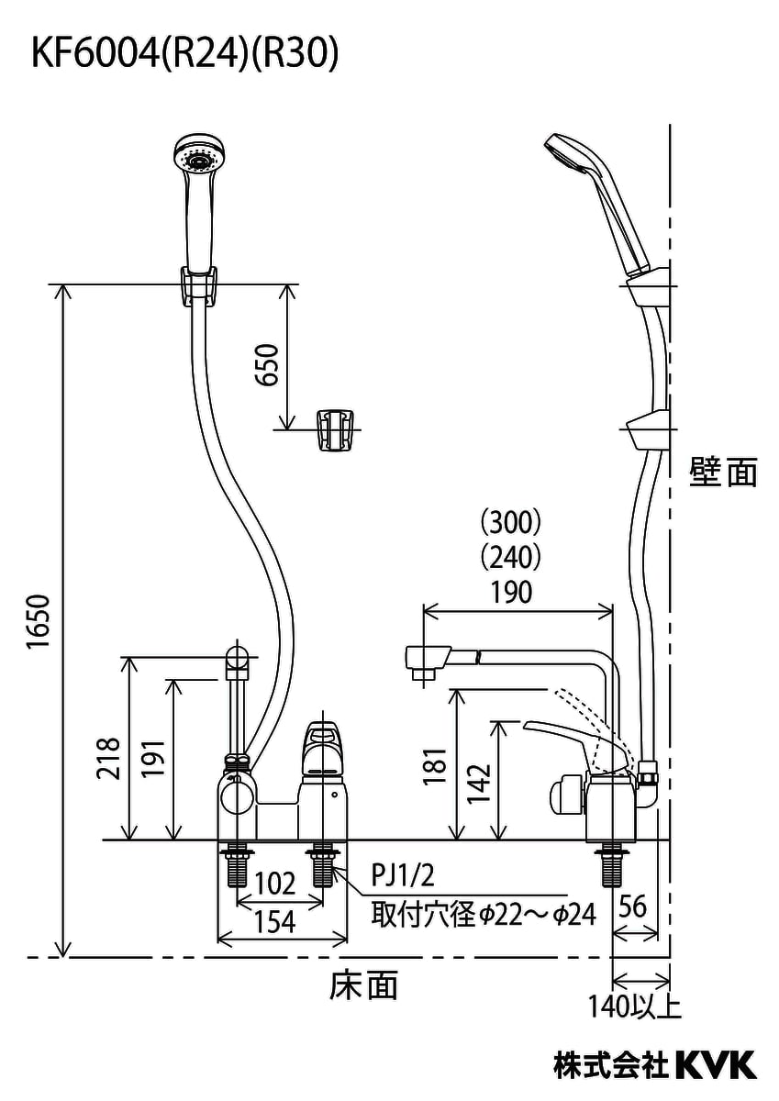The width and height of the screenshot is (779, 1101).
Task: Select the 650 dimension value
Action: click(266, 364)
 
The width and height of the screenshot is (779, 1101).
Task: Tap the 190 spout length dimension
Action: click(510, 592)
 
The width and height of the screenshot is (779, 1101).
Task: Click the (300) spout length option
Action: click(510, 523)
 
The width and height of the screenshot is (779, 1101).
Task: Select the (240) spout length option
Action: click(510, 557)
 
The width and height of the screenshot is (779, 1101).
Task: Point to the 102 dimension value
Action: click(274, 884)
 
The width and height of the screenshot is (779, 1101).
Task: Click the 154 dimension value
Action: click(274, 921)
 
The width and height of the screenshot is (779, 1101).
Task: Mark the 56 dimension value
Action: click(633, 906)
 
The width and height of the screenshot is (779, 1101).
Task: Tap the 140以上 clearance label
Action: click(635, 1006)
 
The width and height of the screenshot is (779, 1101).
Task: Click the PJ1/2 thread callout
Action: click(402, 875)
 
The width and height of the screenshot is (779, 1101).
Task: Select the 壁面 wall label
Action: click(724, 473)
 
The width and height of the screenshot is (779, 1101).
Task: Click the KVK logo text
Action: click(716, 1064)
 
